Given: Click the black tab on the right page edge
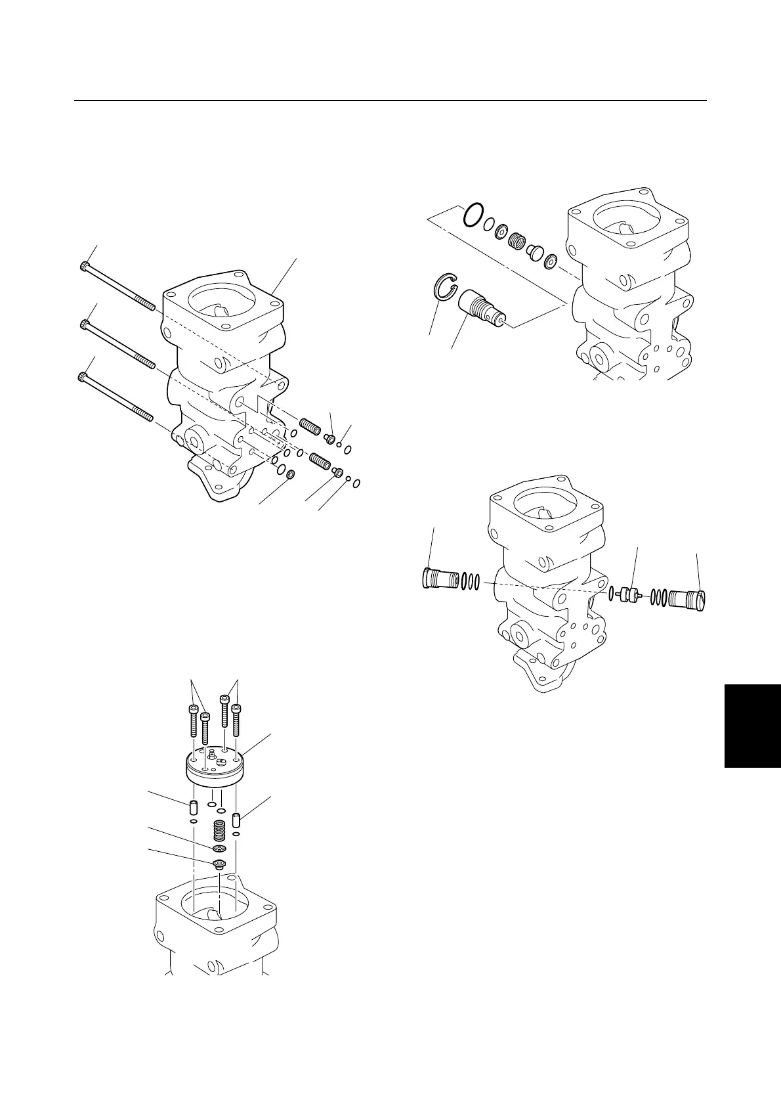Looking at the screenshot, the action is [x=753, y=725].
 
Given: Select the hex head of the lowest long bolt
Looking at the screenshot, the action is [x=81, y=377].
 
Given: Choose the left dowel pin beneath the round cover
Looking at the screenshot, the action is [x=194, y=806].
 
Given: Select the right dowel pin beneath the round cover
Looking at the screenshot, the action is [x=238, y=820].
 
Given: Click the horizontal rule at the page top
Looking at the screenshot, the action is [x=390, y=100].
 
